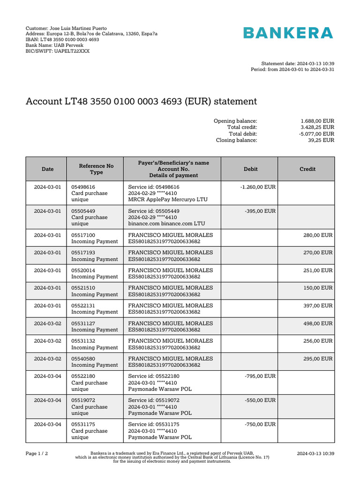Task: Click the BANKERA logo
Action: pos(288,33)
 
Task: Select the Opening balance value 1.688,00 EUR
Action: pos(317,121)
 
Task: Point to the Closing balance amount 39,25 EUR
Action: pos(321,140)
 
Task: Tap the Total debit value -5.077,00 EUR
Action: pos(316,134)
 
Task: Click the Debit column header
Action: pos(250,169)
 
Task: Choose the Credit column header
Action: pos(307,169)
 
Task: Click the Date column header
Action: pos(47,169)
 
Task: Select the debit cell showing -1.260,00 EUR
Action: pos(258,187)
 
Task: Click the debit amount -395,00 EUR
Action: pos(260,211)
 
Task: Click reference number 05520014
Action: pos(83,270)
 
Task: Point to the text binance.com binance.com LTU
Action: pos(166,224)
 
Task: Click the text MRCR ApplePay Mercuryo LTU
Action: pos(167,200)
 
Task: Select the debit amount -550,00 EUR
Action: pos(260,400)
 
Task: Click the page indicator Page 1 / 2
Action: pos(37,454)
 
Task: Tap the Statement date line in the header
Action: pos(297,63)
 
